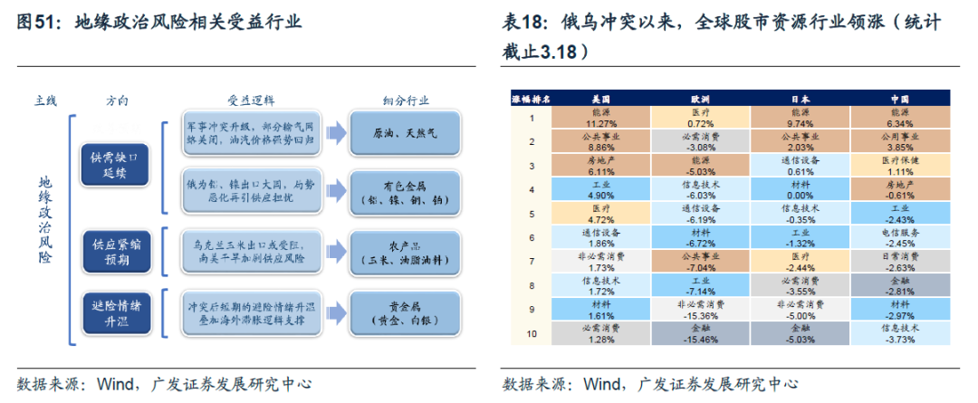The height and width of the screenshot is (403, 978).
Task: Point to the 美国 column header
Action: tap(600, 97)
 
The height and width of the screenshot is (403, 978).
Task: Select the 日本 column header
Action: tap(801, 97)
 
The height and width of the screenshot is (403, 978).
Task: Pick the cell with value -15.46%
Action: tap(701, 335)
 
